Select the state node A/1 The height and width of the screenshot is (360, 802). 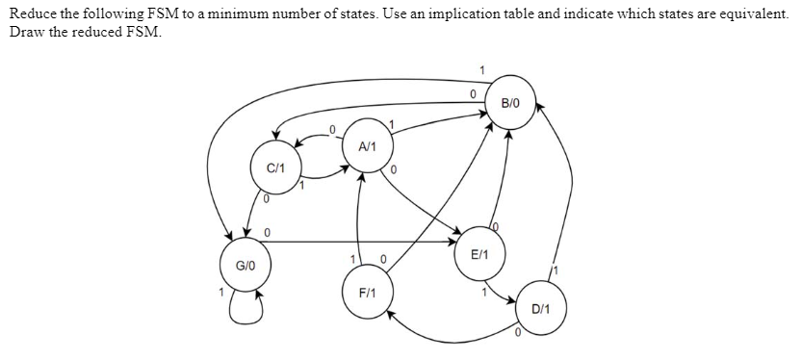(x=367, y=147)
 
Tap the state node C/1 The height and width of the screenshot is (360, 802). (x=274, y=167)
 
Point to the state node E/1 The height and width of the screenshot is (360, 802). (x=480, y=255)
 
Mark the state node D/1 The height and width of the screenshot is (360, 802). (x=540, y=309)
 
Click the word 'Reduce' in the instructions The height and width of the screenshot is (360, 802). (x=31, y=9)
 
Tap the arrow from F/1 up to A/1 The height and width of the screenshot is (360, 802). (x=359, y=221)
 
